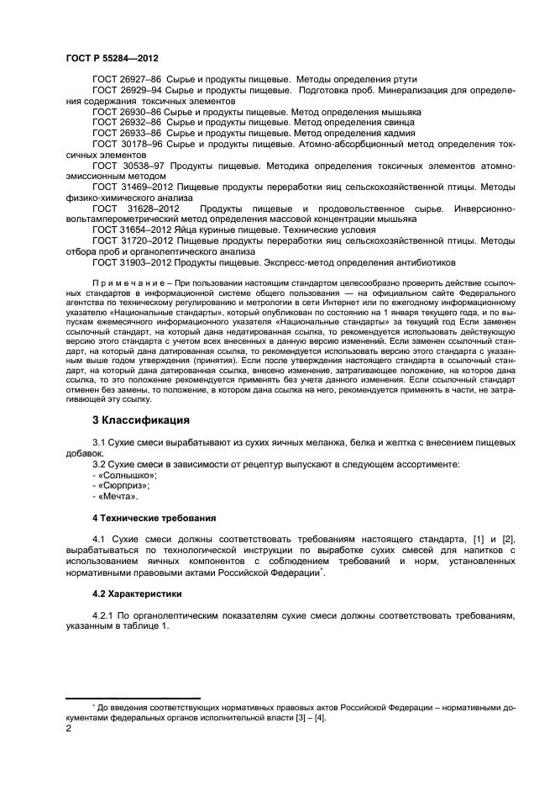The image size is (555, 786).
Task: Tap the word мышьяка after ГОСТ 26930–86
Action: [x=400, y=111]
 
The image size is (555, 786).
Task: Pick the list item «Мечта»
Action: [x=118, y=497]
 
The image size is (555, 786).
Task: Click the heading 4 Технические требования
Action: [x=154, y=518]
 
